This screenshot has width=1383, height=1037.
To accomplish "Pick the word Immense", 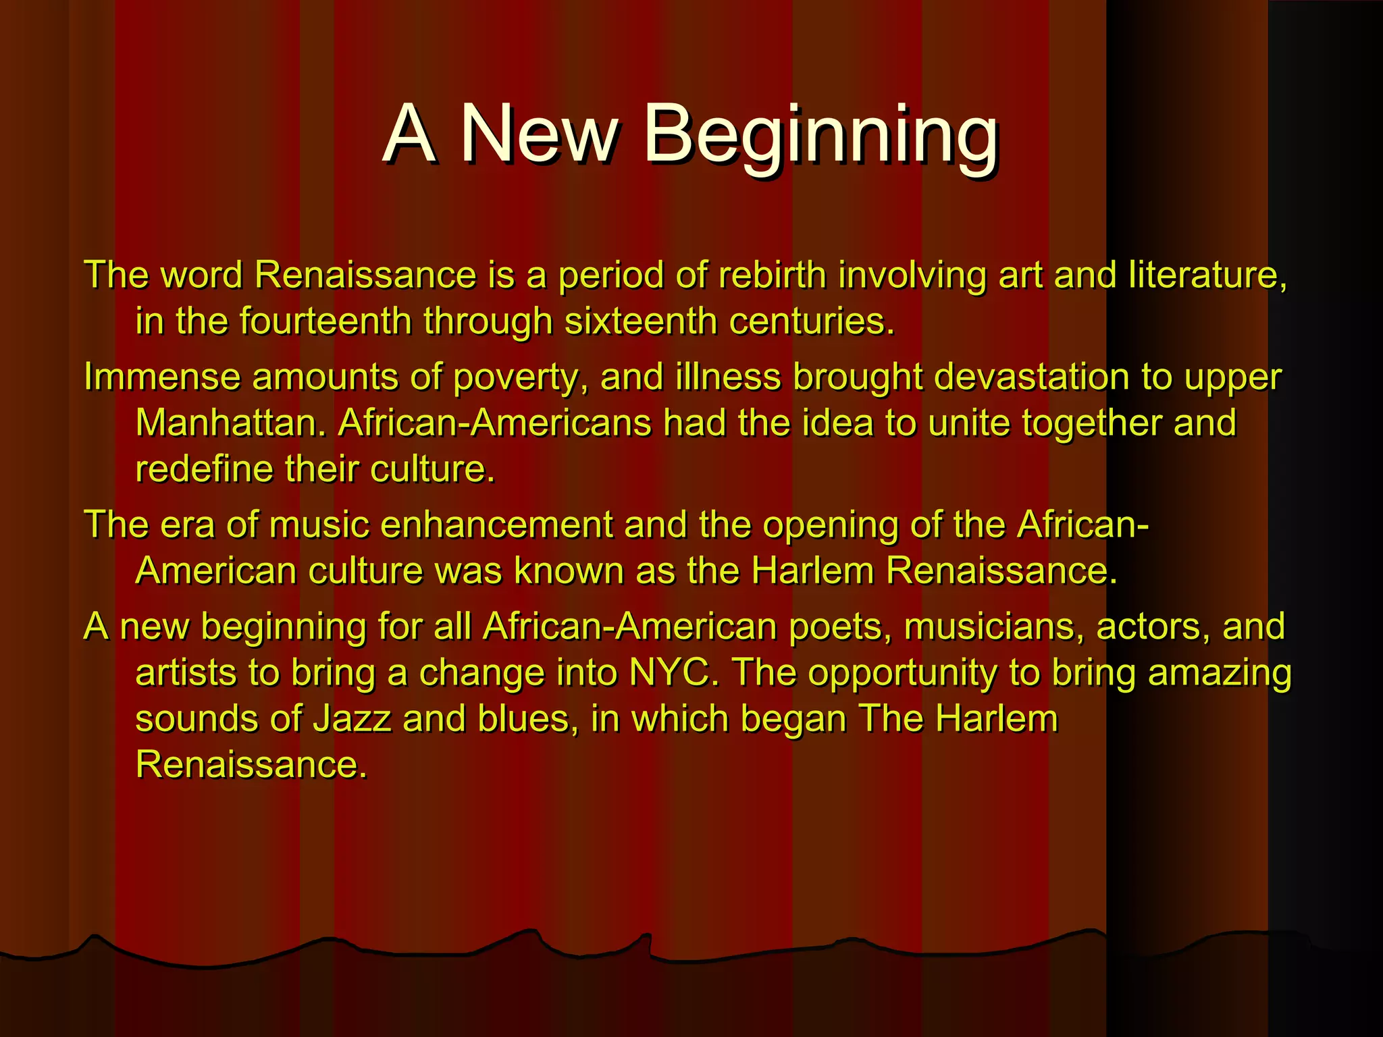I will click(162, 377).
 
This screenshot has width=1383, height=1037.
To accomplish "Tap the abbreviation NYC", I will click(673, 672).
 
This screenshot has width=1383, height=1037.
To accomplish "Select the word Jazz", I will click(352, 718).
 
